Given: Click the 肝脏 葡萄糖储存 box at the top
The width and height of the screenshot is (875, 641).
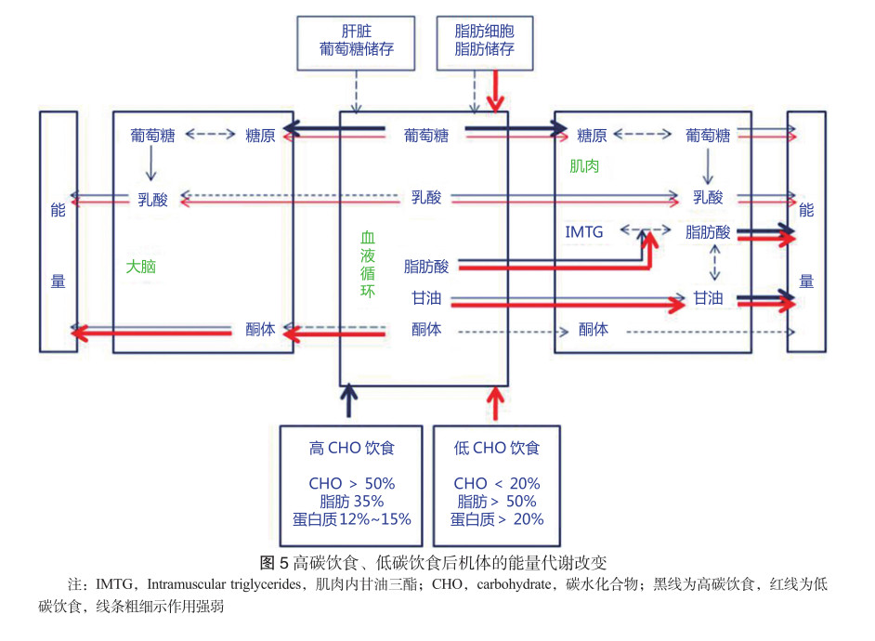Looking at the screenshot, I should coord(355,40).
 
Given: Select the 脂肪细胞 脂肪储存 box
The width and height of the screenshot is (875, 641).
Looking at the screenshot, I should coord(484,40).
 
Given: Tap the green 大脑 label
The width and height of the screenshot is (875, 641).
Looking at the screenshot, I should coord(140,267).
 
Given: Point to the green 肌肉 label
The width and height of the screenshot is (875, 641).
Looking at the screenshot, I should coord(583,166).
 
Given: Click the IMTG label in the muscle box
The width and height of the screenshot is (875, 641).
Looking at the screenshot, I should coord(584,232).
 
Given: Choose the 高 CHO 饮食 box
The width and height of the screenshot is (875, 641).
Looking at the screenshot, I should coord(352,485).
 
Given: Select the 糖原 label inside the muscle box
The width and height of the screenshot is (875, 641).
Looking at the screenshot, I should coord(592,136).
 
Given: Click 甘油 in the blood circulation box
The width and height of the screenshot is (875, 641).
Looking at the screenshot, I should coord(426,298).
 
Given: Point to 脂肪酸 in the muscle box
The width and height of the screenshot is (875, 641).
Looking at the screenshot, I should coord(708,232).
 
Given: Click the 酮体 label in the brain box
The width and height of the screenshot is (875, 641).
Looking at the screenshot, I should coord(260,329).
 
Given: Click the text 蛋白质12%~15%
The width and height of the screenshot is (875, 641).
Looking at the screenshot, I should coord(352,519).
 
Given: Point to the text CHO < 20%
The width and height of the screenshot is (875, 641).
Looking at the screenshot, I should coord(496,484).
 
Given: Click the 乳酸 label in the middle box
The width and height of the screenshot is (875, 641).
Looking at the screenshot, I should coord(426,198).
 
